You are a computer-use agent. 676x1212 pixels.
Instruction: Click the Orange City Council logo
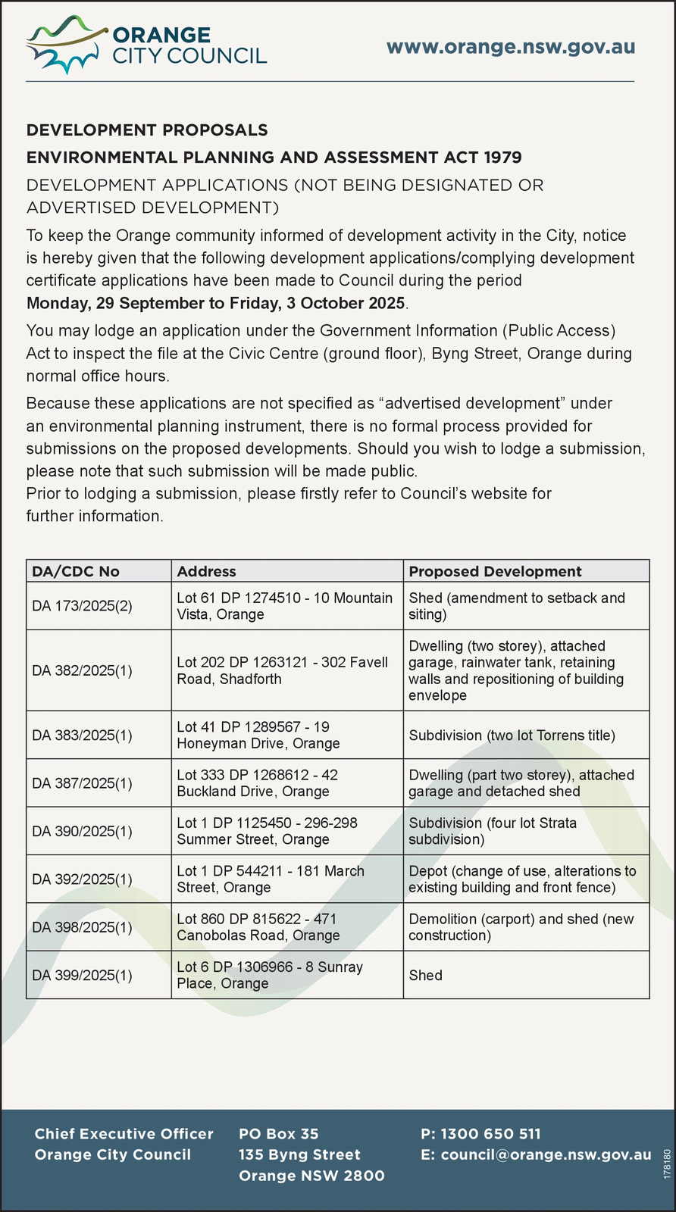point(146,46)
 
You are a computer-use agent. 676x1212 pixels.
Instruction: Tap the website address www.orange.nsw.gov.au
point(510,47)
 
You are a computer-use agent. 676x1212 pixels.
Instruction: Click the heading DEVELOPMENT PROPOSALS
point(147,130)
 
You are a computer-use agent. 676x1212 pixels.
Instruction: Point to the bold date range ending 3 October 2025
point(217,303)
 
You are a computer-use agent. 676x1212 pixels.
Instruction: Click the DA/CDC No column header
point(76,571)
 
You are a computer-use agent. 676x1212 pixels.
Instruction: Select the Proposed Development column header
point(495,571)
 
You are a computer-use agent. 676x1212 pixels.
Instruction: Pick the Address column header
point(206,571)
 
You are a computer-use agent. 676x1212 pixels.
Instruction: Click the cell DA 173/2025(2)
point(82,606)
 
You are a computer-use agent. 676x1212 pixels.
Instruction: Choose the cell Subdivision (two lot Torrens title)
point(512,735)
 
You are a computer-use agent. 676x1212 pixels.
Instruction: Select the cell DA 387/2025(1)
point(82,783)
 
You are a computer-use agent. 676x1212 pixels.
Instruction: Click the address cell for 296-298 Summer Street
point(267,831)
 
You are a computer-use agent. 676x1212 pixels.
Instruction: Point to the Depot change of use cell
point(522,879)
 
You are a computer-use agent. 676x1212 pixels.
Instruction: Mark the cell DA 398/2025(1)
point(82,927)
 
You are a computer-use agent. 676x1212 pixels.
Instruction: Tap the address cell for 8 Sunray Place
point(269,975)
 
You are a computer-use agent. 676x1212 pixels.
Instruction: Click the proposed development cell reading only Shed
point(425,975)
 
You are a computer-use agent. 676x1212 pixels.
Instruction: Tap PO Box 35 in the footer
point(278,1134)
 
